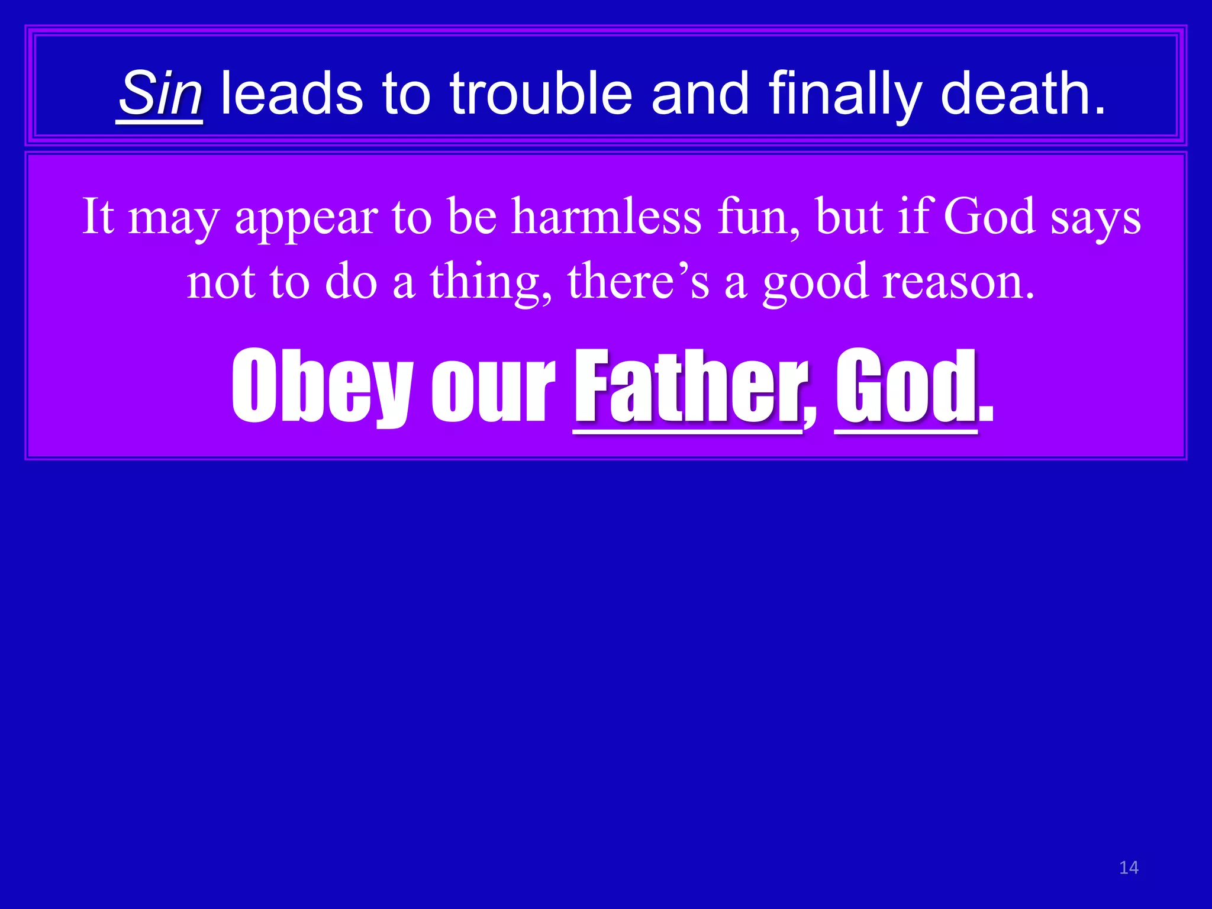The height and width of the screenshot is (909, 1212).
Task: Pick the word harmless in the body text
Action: point(607,217)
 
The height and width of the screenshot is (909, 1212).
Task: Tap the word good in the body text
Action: point(815,283)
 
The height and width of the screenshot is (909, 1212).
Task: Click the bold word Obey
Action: point(322,386)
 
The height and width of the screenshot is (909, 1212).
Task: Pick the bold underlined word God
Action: point(905,386)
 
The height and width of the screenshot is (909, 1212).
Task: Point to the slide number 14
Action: point(1129,868)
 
